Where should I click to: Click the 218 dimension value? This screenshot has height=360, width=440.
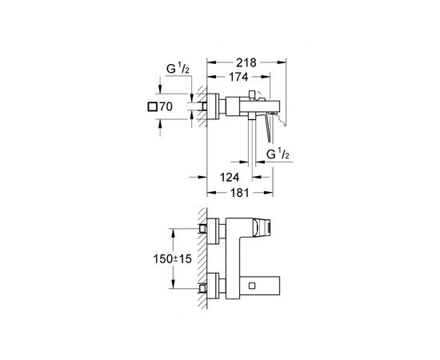(x=246, y=62)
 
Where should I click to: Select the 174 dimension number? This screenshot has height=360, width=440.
(x=239, y=77)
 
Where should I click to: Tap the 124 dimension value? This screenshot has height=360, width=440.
(x=230, y=177)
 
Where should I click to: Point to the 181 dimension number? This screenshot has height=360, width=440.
(x=240, y=193)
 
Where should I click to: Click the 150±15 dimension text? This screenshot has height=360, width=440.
(x=172, y=258)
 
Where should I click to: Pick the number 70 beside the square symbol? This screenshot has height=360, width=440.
(x=166, y=106)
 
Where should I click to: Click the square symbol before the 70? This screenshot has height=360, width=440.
(x=152, y=106)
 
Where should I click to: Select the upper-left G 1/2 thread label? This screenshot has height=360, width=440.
(x=178, y=69)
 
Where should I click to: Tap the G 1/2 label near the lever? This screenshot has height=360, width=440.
(x=278, y=154)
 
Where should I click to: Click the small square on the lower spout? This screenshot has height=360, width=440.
(x=252, y=286)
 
